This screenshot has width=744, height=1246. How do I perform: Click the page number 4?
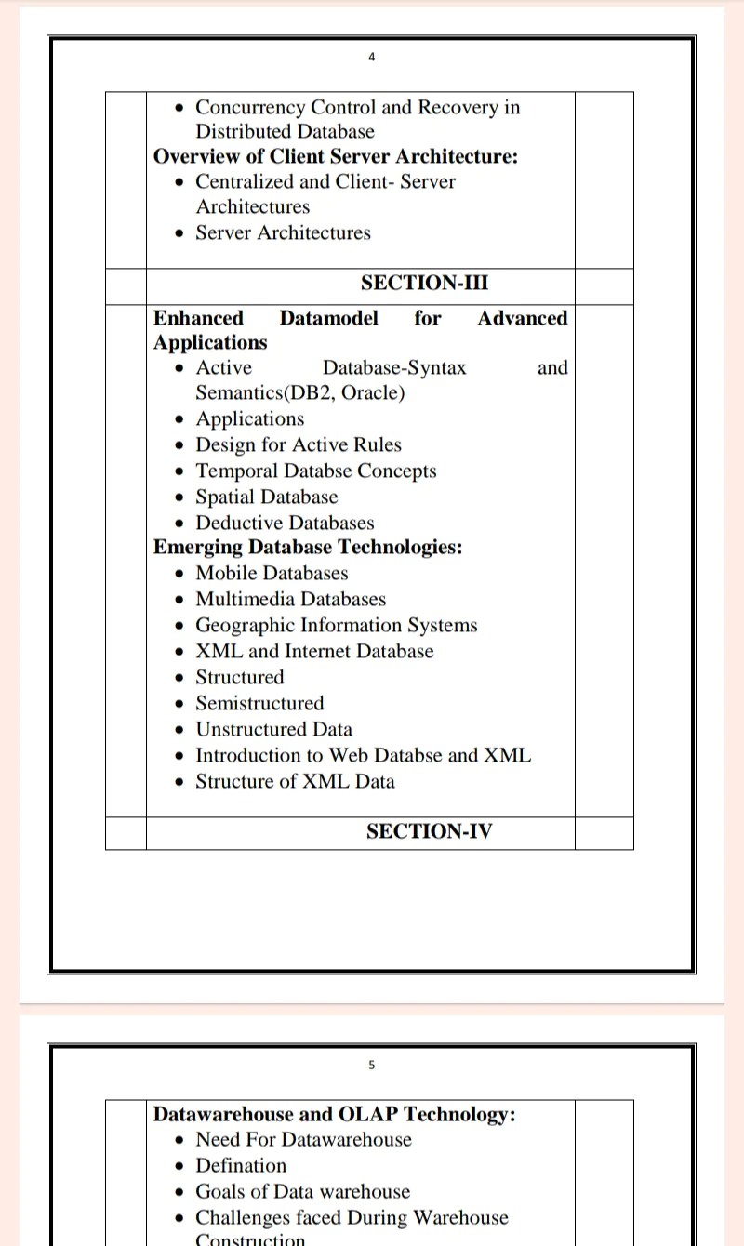coord(372,57)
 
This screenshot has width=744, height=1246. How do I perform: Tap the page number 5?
coord(372,1065)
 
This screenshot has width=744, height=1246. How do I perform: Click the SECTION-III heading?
coord(424,283)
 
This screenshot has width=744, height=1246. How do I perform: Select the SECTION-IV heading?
coord(429,831)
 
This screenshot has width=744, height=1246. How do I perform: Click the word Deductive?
coord(238,523)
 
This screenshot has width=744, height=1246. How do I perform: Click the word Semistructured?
coord(259,703)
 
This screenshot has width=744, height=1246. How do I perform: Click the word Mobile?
coord(227,573)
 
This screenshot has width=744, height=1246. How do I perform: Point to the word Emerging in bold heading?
coord(194,547)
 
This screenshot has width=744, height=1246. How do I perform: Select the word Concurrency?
coord(249,107)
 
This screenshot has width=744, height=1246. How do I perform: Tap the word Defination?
coord(241,1165)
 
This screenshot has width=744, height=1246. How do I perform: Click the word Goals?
coord(219,1191)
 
